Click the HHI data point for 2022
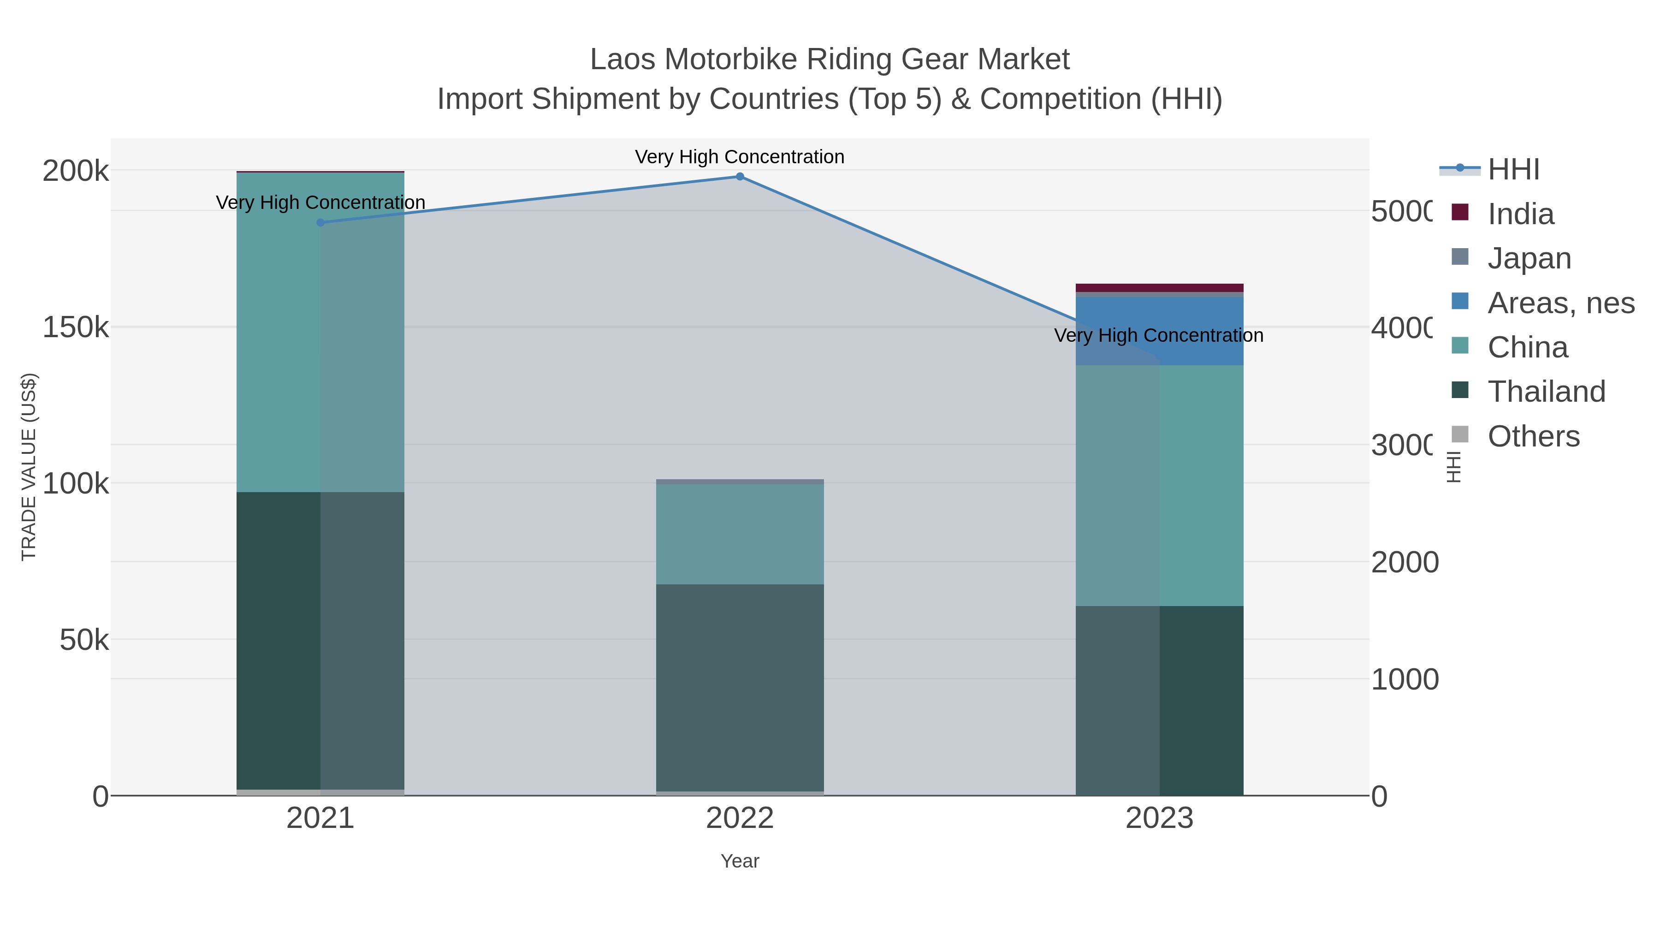pyautogui.click(x=740, y=177)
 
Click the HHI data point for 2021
pyautogui.click(x=320, y=222)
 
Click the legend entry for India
pyautogui.click(x=1520, y=214)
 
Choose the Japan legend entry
pyautogui.click(x=1529, y=258)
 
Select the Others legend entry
pyautogui.click(x=1533, y=436)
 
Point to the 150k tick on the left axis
pyautogui.click(x=76, y=327)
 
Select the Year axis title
pyautogui.click(x=740, y=861)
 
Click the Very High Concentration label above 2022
pyautogui.click(x=740, y=157)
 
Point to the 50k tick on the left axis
pyautogui.click(x=84, y=640)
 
